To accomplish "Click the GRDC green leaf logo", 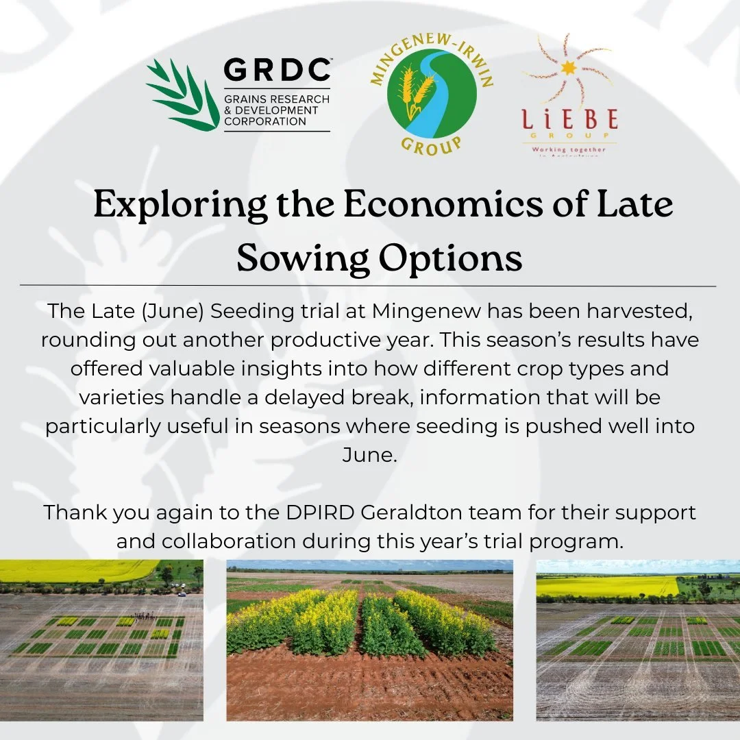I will coord(180,95).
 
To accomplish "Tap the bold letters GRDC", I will coord(277,71).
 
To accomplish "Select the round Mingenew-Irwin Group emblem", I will coord(431,95).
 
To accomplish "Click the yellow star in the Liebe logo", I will coord(566,69).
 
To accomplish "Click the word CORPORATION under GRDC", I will coord(265,121).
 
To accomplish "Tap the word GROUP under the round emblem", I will coord(432,145).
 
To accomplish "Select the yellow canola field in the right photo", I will coord(606,586).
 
